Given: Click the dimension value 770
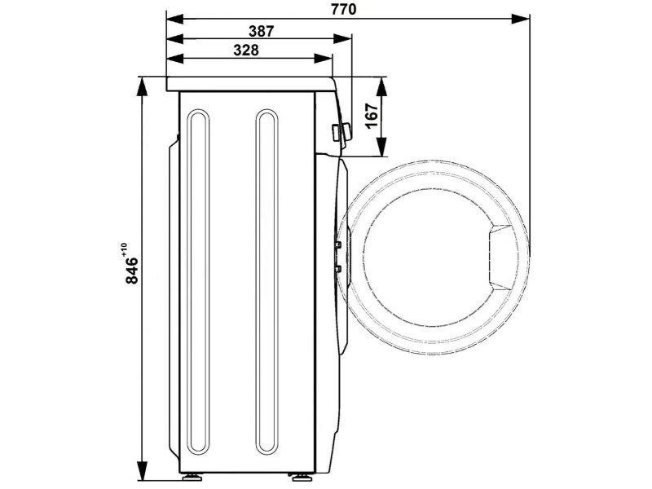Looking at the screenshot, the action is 344,9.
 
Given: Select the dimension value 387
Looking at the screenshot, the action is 262,31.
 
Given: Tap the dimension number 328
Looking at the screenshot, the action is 246,51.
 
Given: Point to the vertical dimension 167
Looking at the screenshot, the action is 372,116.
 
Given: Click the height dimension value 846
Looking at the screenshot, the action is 132,271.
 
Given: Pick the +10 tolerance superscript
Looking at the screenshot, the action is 125,249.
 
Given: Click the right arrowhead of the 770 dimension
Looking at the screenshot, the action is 521,19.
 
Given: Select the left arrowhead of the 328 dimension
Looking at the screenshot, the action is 175,59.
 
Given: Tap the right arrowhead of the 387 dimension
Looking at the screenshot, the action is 343,39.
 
